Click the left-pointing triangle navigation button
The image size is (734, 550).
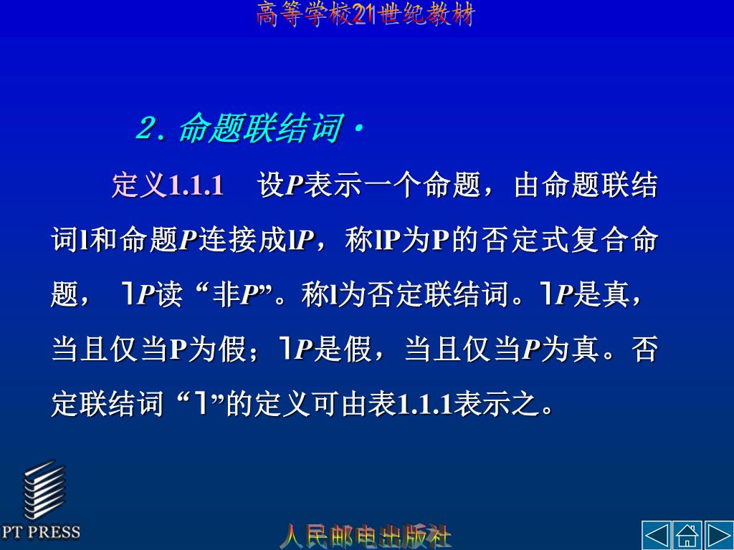point(657,535)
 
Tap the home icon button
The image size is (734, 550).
point(687,535)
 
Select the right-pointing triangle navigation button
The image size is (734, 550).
point(718,535)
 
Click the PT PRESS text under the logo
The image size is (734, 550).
point(41,532)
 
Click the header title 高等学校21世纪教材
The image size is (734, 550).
point(366,14)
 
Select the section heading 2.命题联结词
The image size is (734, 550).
point(237,130)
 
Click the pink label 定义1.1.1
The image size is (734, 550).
point(168,186)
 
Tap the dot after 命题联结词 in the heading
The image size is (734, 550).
point(358,128)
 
